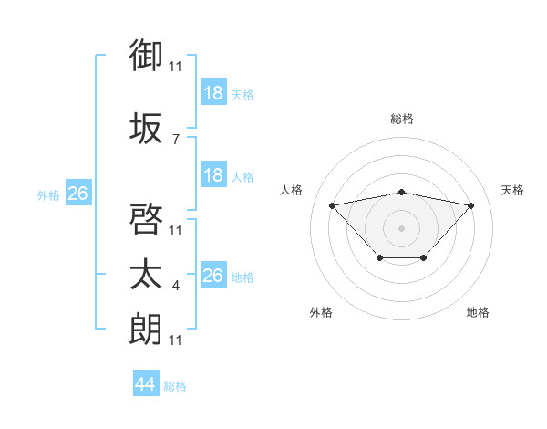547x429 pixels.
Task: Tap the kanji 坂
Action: (147, 128)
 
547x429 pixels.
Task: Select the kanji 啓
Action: (147, 219)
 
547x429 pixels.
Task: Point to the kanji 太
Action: (147, 275)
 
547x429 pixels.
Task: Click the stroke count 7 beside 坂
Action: (175, 139)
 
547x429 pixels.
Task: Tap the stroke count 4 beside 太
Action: (175, 286)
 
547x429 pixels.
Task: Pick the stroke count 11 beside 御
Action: (176, 66)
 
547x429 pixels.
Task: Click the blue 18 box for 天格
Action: (213, 94)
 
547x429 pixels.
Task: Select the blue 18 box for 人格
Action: (213, 176)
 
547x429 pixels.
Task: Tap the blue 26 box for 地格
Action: (213, 277)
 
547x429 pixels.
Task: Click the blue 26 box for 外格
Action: (77, 194)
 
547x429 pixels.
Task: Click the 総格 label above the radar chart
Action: (402, 119)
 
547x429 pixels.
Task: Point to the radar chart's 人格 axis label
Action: (292, 190)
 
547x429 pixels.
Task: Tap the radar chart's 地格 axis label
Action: (478, 312)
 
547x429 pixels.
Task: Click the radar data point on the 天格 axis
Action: (470, 205)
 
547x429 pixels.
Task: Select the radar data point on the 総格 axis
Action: (402, 192)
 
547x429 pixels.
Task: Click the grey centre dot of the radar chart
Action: (402, 227)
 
